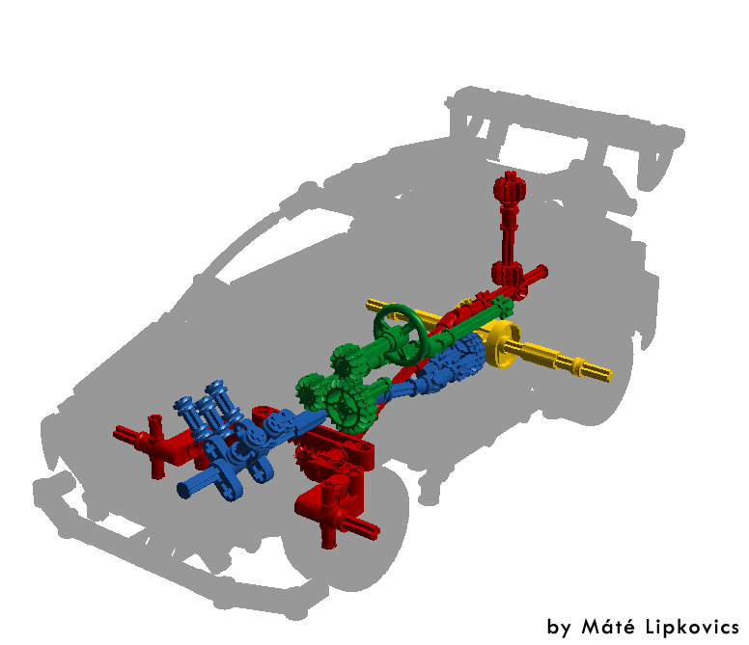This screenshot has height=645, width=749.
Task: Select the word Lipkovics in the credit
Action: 692,626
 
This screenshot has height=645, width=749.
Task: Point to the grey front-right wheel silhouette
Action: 367,540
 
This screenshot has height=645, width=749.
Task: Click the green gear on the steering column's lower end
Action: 345,361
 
